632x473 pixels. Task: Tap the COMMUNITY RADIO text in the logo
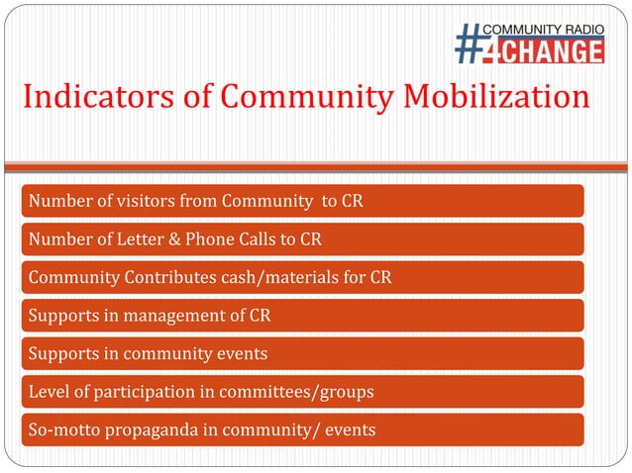543,29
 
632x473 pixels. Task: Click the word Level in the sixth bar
49,393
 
